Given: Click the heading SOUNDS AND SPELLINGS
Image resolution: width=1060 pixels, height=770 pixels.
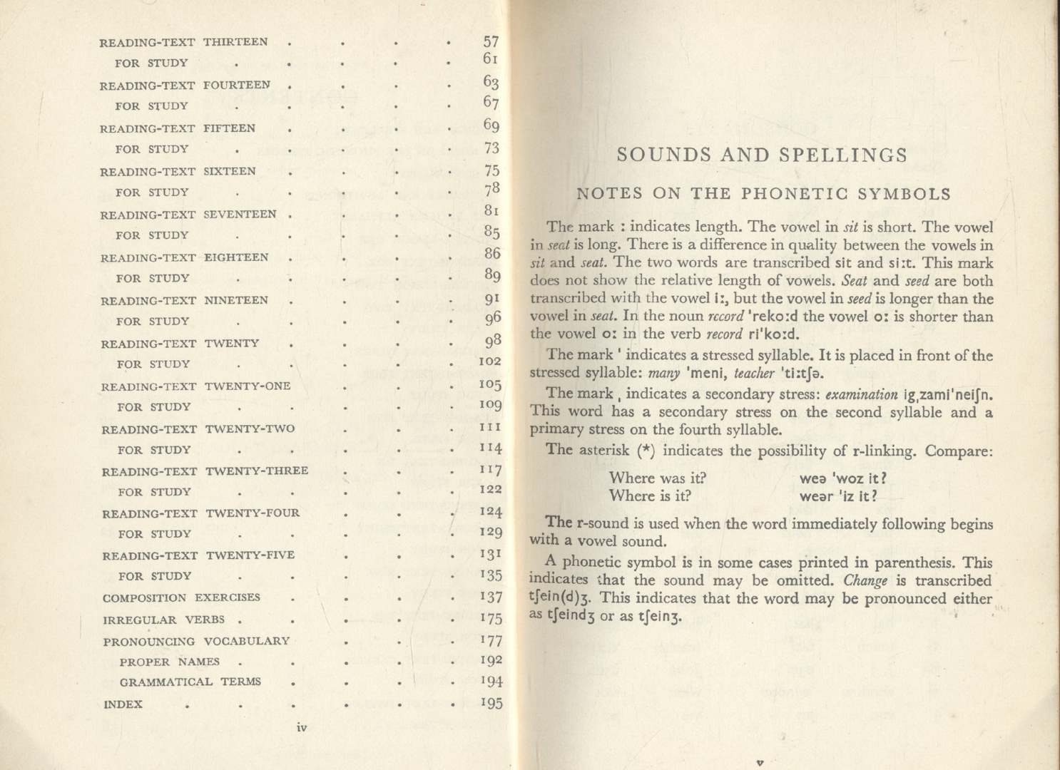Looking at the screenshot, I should pyautogui.click(x=762, y=155).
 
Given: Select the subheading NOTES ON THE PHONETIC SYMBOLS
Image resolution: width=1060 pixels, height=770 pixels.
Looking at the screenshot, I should pyautogui.click(x=763, y=194).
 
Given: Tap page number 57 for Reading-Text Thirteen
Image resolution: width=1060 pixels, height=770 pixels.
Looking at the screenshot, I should pyautogui.click(x=491, y=42).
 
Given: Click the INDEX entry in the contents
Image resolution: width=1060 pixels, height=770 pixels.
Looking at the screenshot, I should pyautogui.click(x=123, y=704).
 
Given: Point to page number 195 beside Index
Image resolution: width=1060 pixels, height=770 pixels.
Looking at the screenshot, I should pyautogui.click(x=491, y=703).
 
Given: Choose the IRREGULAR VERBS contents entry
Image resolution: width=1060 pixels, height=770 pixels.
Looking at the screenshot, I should pyautogui.click(x=164, y=620).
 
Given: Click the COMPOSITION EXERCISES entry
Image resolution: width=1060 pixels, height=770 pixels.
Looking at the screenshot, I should pyautogui.click(x=181, y=598).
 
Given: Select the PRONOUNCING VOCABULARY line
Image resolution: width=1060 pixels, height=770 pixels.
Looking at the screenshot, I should pyautogui.click(x=196, y=641).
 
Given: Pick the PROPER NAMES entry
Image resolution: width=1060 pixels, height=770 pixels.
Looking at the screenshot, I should pyautogui.click(x=170, y=662).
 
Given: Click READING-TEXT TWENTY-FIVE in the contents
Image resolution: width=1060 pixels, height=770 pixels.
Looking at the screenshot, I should pyautogui.click(x=198, y=555).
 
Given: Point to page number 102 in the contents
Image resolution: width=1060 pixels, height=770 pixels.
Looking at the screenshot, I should pyautogui.click(x=490, y=361).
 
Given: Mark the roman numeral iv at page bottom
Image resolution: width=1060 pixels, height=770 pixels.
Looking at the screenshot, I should pyautogui.click(x=301, y=728).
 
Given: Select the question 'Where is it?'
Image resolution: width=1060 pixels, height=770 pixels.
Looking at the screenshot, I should pyautogui.click(x=650, y=496).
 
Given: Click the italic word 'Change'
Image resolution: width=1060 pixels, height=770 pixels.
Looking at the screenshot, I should pyautogui.click(x=865, y=580).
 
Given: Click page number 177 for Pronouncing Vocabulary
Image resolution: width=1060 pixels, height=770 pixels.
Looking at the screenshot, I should pyautogui.click(x=491, y=640).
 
